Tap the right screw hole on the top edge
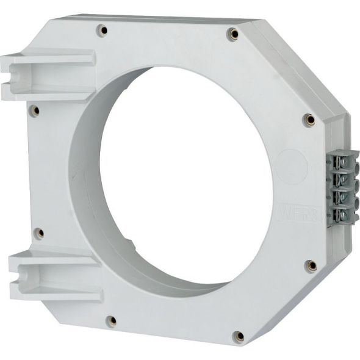pos(232,34)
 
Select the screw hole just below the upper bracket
pos(35,111)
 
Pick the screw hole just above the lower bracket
pos(38,232)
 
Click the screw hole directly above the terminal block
pos(310,119)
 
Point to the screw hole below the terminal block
pos(311,265)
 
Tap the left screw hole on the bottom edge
pos(112,320)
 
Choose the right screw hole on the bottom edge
pos(239,336)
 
